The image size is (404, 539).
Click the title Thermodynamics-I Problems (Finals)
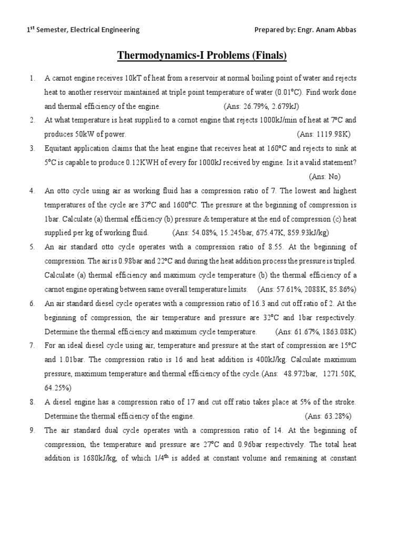pos(201,56)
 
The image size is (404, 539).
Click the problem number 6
pos(32,304)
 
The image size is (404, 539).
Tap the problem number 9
pos(32,430)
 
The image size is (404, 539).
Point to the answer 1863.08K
pos(335,332)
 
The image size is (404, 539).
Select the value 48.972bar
pos(296,374)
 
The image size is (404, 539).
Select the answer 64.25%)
pos(58,388)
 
